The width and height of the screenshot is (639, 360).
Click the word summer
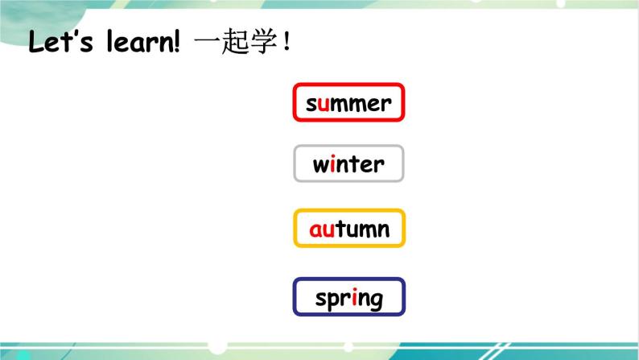[x=348, y=103]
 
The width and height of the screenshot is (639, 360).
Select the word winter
[x=348, y=164]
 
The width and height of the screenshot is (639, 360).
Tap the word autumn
[x=348, y=229]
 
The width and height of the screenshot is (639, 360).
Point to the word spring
[x=348, y=299]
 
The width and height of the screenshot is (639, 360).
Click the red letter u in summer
[x=323, y=104]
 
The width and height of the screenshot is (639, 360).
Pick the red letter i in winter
[x=332, y=164]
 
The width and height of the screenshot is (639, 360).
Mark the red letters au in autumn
[x=323, y=230]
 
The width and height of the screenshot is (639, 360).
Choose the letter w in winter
[x=320, y=165]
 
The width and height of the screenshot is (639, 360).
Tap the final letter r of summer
[x=386, y=104]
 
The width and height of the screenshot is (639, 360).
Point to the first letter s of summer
[x=311, y=104]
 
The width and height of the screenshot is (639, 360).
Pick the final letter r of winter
[x=380, y=165]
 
